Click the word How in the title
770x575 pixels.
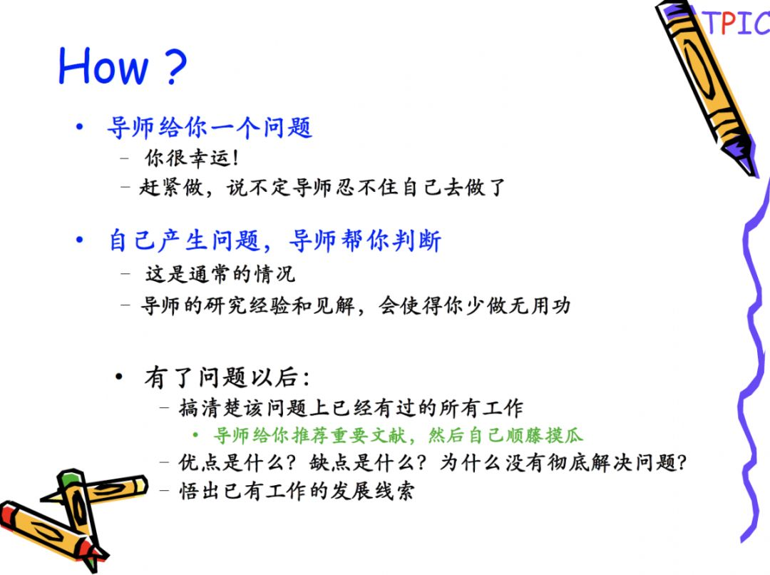103,66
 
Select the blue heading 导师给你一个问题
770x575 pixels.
210,127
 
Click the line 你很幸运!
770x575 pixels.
192,158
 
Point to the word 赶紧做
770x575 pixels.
171,187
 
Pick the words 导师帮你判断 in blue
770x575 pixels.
365,241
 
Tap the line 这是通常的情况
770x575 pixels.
220,274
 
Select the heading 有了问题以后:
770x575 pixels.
227,377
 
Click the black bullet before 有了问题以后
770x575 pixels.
119,377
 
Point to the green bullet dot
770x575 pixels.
195,435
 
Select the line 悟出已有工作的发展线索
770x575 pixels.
297,491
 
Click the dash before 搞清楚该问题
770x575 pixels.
165,407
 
